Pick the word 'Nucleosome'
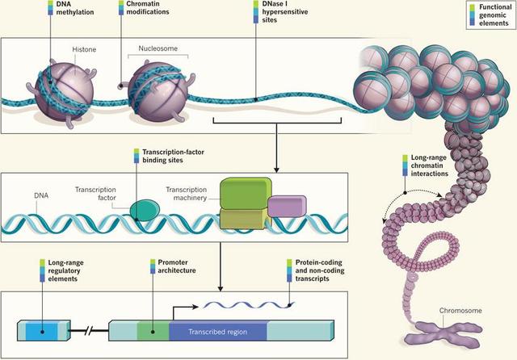(155, 48)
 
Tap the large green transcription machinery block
(242, 195)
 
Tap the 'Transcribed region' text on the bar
(216, 331)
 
